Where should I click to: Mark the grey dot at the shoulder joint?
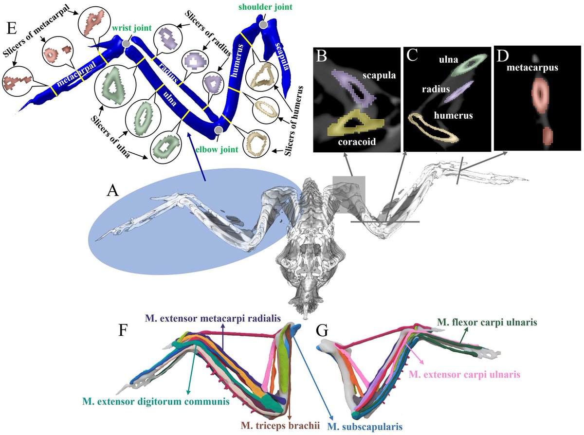(x=263, y=24)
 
